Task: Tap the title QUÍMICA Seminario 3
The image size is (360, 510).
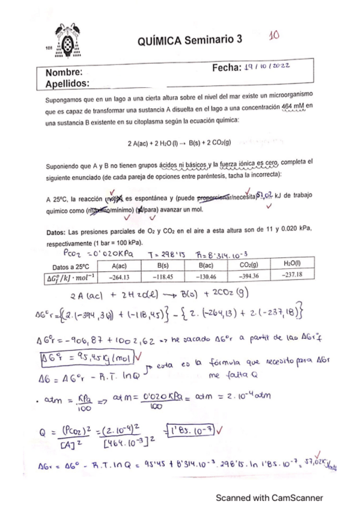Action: (189, 40)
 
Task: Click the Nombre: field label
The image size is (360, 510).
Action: (64, 73)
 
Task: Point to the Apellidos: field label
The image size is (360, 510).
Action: (67, 83)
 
